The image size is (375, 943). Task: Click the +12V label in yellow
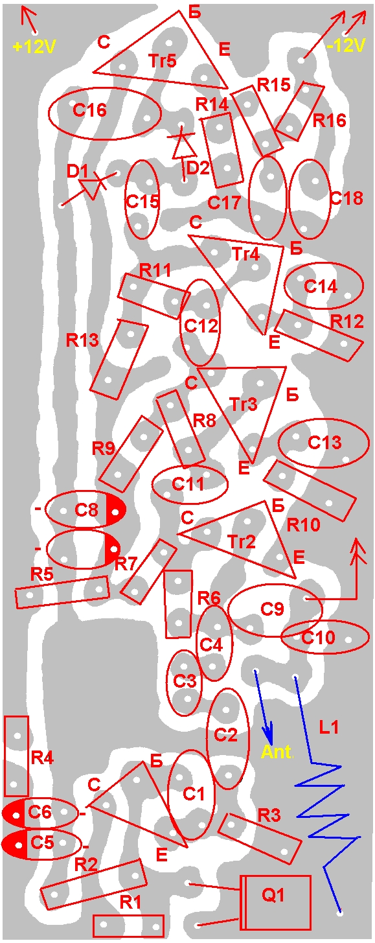34,47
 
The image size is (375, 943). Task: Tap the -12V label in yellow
346,45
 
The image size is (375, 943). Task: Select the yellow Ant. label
276,751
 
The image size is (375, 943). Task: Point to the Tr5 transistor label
163,61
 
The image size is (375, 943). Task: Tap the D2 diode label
198,169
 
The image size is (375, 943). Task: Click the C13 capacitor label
324,443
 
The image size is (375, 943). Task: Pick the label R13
82,340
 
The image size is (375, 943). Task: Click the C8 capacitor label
86,510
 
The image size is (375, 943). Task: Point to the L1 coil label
329,727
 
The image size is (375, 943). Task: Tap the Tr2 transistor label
241,541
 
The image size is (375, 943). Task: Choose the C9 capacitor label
272,609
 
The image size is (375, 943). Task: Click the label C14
321,286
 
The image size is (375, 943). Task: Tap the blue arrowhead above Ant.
269,732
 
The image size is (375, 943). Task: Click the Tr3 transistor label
244,404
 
